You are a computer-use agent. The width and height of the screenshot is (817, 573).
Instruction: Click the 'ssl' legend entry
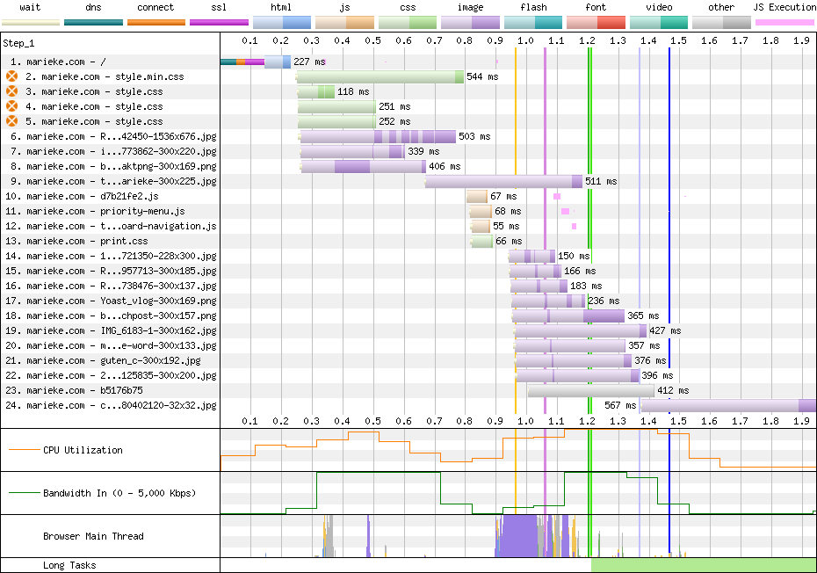[x=219, y=7]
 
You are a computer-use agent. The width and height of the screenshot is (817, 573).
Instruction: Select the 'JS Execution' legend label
[x=784, y=7]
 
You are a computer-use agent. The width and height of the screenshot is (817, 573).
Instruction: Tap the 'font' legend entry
[x=595, y=7]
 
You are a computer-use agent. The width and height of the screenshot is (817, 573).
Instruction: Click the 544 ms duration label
[x=482, y=76]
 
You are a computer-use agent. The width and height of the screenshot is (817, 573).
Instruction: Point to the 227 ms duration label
[x=308, y=62]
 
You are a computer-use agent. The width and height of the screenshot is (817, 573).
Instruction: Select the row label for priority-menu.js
[x=105, y=211]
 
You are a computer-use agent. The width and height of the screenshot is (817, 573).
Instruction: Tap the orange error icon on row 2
[x=12, y=76]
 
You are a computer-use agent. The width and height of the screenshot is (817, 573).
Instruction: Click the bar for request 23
[x=590, y=390]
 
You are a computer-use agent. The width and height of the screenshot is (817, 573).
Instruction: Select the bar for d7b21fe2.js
[x=477, y=196]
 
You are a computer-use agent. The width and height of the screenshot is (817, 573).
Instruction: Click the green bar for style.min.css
[x=380, y=76]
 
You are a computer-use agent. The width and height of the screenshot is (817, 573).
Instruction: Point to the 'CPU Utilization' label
[x=83, y=450]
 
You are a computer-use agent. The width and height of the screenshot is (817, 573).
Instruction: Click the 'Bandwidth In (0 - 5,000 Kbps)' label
[x=119, y=492]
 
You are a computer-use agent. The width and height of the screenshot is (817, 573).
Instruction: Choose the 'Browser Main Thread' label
[x=93, y=536]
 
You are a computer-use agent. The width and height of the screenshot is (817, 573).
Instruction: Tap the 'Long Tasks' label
[x=69, y=565]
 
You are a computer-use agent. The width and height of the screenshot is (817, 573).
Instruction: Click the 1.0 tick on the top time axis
[x=525, y=40]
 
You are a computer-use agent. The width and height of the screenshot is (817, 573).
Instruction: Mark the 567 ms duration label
[x=620, y=405]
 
